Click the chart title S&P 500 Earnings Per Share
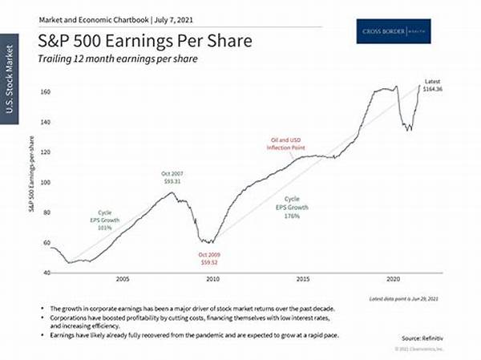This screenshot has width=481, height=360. click(x=133, y=40)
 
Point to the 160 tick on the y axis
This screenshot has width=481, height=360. click(x=46, y=92)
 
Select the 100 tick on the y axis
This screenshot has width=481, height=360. click(x=46, y=182)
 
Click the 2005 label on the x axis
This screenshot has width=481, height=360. click(x=123, y=280)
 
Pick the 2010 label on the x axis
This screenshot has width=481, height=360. click(x=212, y=280)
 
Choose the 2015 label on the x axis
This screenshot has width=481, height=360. click(x=303, y=280)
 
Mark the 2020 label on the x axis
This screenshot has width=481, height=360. click(x=393, y=280)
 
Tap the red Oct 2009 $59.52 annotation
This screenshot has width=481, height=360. click(x=210, y=257)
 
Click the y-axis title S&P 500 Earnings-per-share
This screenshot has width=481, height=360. click(x=33, y=182)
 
